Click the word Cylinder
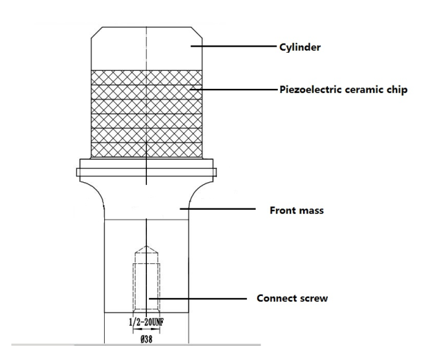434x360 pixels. pos(300,47)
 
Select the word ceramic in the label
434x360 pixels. pos(361,90)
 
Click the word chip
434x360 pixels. pos(396,90)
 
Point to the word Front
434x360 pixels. pos(281,210)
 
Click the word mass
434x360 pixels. pos(310,211)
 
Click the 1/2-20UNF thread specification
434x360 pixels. pos(146,322)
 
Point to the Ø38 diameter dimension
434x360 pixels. pos(146,339)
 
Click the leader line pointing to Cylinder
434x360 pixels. pos(234,46)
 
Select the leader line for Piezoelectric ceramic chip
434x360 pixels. pos(234,89)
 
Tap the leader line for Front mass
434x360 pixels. pos(218,209)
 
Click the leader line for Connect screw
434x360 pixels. pos(198,299)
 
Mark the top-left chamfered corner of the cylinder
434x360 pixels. pos(97,33)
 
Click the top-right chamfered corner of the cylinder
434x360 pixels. pos(196,33)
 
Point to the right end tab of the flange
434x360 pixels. pos(215,172)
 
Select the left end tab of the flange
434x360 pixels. pos(78,172)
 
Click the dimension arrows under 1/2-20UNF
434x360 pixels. pos(146,329)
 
